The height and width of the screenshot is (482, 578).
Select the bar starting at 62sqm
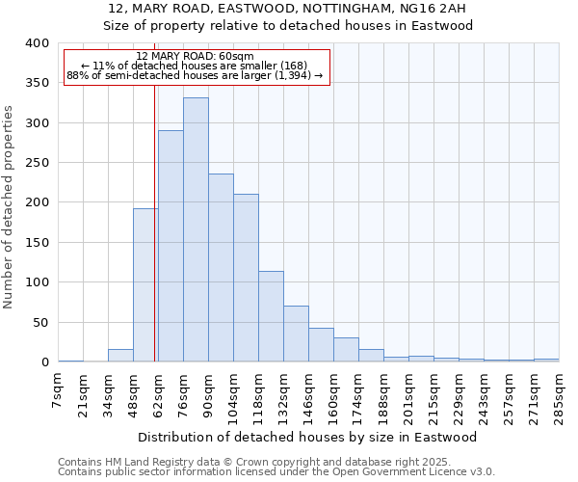(x=171, y=247)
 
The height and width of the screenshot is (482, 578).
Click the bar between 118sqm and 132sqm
(x=271, y=316)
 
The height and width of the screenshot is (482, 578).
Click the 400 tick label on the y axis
(x=37, y=43)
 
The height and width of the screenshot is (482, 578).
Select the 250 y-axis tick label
(x=37, y=163)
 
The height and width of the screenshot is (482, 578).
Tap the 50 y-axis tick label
(x=40, y=322)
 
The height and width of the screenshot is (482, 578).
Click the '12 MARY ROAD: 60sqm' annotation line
(x=196, y=56)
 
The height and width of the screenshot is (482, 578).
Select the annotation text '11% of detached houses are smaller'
(x=196, y=66)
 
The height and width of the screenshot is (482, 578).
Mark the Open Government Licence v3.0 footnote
(x=276, y=471)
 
